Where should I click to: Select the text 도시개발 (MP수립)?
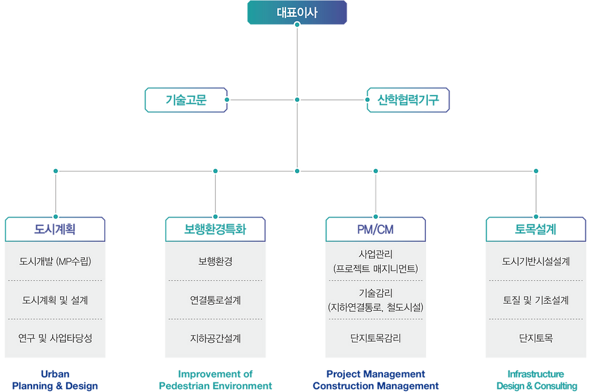(x=55, y=262)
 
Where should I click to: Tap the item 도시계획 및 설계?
(x=55, y=300)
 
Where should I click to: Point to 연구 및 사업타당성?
(x=55, y=338)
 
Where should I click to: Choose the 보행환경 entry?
(x=215, y=262)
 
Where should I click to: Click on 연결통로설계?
(x=215, y=300)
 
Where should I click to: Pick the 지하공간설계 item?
(x=215, y=338)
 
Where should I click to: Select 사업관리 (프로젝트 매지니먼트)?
(x=375, y=261)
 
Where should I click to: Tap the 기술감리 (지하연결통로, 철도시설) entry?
(x=375, y=300)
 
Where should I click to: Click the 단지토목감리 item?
(x=375, y=338)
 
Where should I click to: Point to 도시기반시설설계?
(x=536, y=262)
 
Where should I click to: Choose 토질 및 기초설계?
(x=536, y=300)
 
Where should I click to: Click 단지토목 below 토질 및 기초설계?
(x=536, y=338)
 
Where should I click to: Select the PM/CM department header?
(x=375, y=229)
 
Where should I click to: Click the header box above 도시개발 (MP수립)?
(x=55, y=229)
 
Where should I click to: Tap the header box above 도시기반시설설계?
(x=536, y=229)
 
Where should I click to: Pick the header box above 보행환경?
(x=215, y=229)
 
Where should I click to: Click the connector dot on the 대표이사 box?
(x=297, y=25)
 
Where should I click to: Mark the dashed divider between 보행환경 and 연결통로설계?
(x=215, y=281)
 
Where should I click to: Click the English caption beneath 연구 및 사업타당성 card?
(x=55, y=379)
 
